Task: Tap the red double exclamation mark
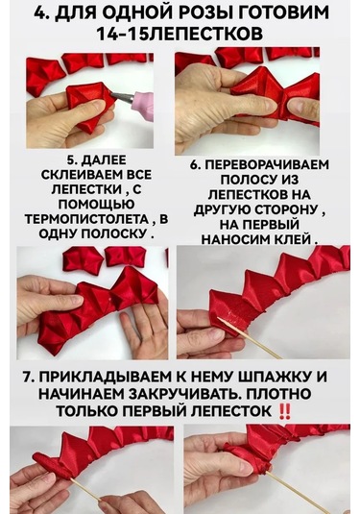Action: pyautogui.click(x=309, y=410)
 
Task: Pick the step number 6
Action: pyautogui.click(x=195, y=164)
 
